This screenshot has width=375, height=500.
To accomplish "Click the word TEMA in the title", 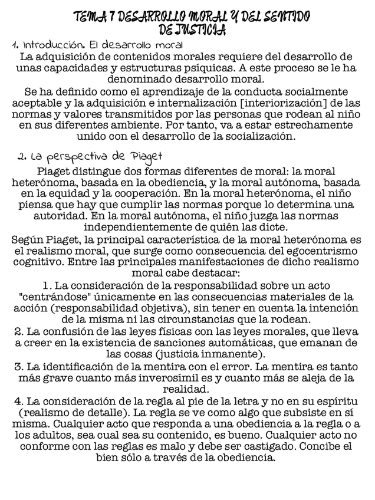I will click(88, 17).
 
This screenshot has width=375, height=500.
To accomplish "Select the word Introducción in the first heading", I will click(48, 45).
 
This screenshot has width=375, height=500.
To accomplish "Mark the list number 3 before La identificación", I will click(18, 366).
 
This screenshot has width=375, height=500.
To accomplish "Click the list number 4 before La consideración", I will click(18, 401).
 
